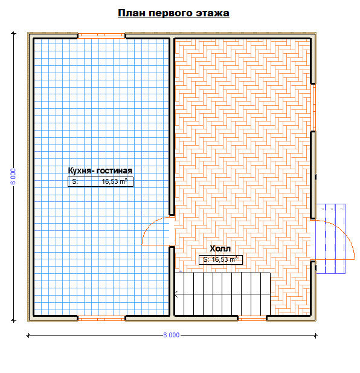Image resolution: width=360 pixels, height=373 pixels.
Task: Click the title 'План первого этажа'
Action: [x=173, y=13]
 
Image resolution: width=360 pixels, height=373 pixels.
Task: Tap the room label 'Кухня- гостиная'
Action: [x=100, y=170]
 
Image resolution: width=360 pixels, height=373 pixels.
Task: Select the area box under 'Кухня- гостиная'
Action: [x=100, y=182]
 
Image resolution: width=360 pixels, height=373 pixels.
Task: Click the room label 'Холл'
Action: [x=220, y=248]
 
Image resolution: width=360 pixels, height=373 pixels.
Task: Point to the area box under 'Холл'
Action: [x=220, y=259]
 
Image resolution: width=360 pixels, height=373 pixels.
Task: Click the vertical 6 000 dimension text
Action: [x=13, y=177]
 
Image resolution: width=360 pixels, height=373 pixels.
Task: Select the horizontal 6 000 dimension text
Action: [x=172, y=335]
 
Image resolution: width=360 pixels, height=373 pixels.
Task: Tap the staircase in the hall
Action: [x=222, y=294]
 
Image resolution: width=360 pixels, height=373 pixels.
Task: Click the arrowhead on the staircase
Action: [x=176, y=294]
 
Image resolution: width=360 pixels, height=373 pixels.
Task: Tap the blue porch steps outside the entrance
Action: [x=330, y=239]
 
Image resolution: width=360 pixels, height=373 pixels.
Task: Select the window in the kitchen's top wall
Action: [x=101, y=36]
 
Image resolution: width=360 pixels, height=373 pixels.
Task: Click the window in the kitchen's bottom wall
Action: [x=101, y=318]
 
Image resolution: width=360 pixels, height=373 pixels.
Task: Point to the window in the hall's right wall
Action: [x=313, y=108]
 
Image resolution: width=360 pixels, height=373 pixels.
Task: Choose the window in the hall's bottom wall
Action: [x=252, y=318]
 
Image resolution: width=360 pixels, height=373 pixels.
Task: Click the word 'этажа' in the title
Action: [x=213, y=13]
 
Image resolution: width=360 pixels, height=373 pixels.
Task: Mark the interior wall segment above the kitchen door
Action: [x=172, y=126]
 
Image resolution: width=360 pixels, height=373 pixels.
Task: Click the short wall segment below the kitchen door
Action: [x=172, y=282]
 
